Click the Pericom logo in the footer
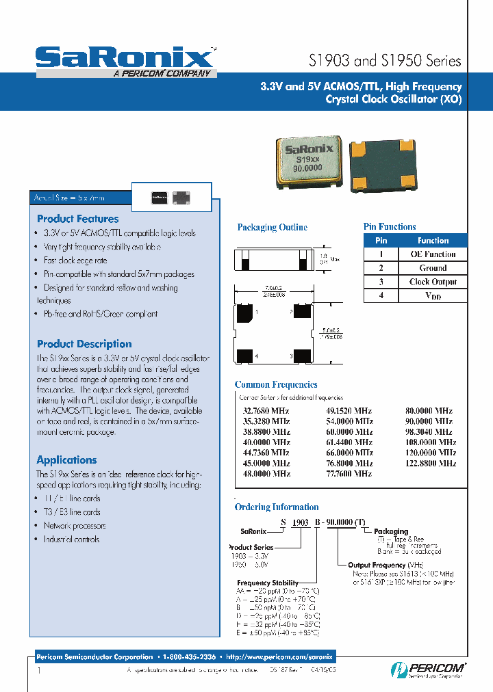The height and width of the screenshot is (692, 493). tap(429, 669)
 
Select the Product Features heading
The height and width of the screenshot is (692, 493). tap(77, 219)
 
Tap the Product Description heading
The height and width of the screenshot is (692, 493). tap(84, 344)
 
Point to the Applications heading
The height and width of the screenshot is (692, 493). tap(66, 460)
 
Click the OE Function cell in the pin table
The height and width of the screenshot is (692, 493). tap(433, 254)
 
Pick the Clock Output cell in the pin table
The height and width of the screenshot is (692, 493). tap(433, 282)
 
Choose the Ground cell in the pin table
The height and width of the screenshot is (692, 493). tap(433, 268)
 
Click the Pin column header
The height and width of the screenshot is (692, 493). tap(381, 241)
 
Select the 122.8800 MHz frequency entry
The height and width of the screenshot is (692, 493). tap(431, 463)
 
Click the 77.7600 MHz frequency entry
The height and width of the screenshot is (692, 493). tap(346, 473)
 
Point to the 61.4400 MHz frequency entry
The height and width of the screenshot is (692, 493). tap(346, 442)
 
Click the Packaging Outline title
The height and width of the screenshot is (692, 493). tap(272, 228)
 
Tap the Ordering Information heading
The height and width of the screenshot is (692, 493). tap(277, 507)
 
